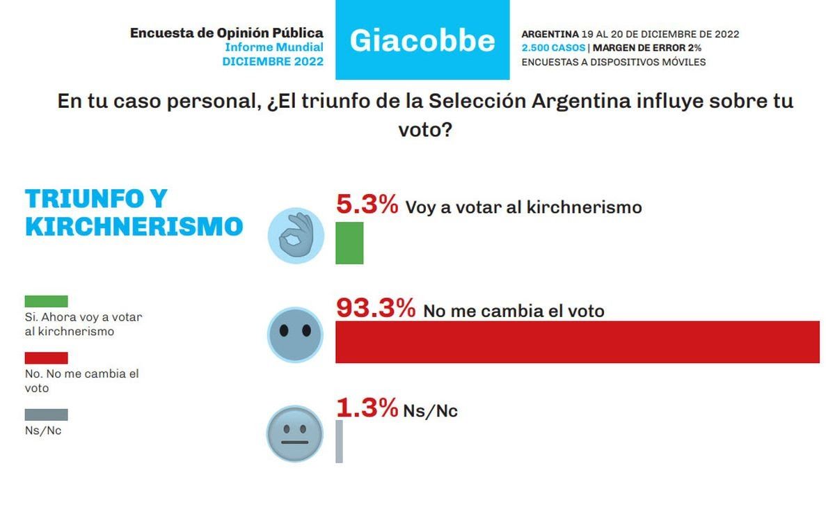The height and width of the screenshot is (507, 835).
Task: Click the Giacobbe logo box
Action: click(422, 40)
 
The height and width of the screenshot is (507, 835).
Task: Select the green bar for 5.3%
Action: click(349, 243)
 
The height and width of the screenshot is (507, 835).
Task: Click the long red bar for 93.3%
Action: click(577, 341)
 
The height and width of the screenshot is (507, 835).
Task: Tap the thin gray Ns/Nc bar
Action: click(339, 441)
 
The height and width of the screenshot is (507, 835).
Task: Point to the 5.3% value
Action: click(367, 204)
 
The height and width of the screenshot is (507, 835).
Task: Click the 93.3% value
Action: click(375, 307)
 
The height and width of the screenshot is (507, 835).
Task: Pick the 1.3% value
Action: click(367, 408)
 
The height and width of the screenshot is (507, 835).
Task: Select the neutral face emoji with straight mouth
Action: click(295, 434)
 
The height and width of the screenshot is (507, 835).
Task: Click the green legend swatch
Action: click(46, 301)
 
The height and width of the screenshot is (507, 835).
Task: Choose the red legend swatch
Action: click(46, 358)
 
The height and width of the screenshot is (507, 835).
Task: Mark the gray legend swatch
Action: click(46, 415)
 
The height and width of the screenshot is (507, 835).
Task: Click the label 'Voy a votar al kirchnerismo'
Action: click(523, 207)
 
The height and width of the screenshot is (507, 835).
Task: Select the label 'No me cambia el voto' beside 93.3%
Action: click(514, 310)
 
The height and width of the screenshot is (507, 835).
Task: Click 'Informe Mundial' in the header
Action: click(274, 47)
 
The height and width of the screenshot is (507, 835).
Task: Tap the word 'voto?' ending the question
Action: click(424, 129)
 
